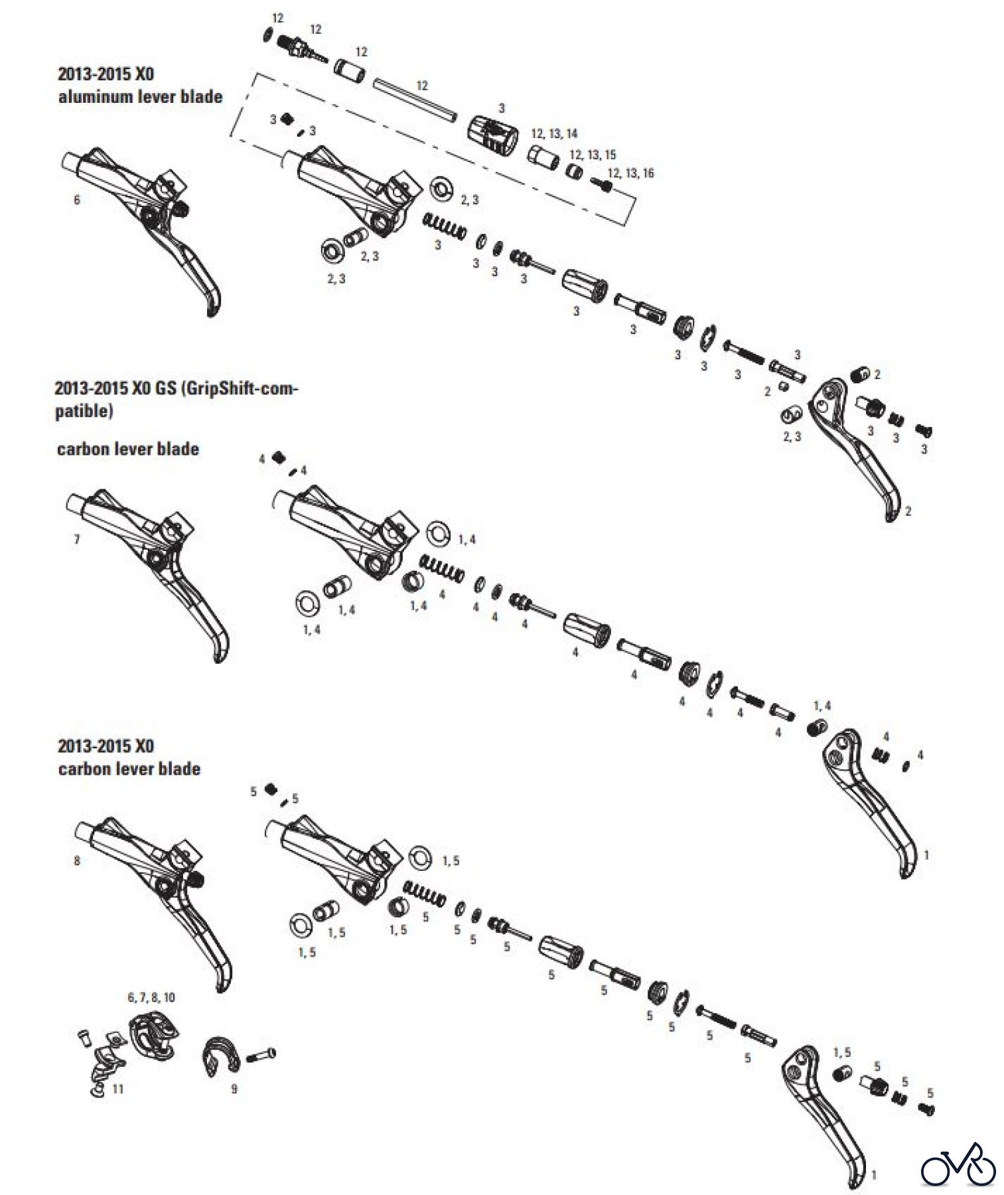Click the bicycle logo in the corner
pyautogui.click(x=958, y=1164)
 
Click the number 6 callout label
pyautogui.click(x=77, y=200)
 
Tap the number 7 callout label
pyautogui.click(x=77, y=539)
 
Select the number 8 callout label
pyautogui.click(x=77, y=860)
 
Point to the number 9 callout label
pyautogui.click(x=234, y=1089)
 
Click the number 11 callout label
pyautogui.click(x=117, y=1089)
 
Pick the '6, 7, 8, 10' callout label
pyautogui.click(x=151, y=997)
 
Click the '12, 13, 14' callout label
pyautogui.click(x=554, y=134)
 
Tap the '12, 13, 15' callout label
pyautogui.click(x=592, y=155)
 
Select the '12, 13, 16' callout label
pyautogui.click(x=630, y=173)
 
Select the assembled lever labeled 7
pyautogui.click(x=149, y=564)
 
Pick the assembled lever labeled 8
pyautogui.click(x=153, y=890)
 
